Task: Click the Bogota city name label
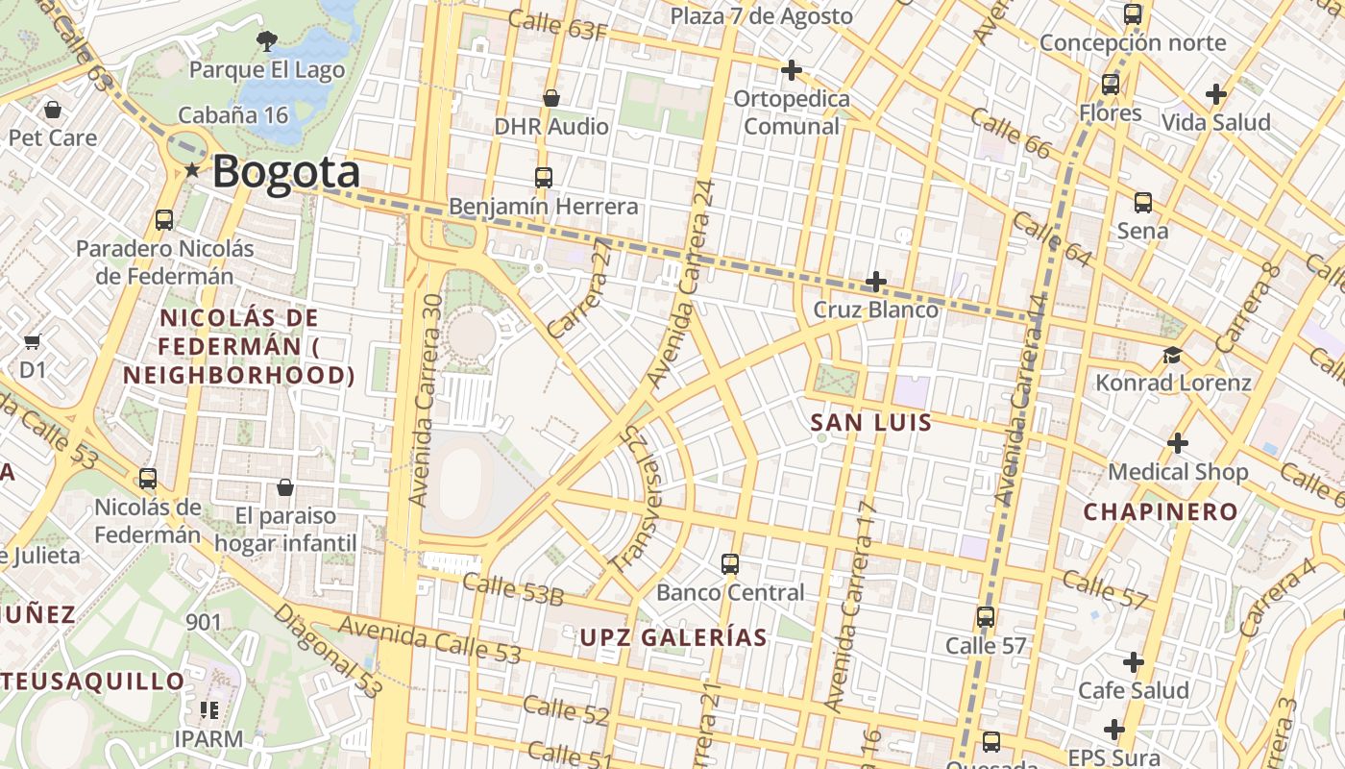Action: point(286,172)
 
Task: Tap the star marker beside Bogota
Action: point(192,170)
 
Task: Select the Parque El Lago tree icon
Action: point(266,40)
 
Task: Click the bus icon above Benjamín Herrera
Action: point(544,177)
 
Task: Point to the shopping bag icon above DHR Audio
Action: point(551,98)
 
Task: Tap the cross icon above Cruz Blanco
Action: point(875,282)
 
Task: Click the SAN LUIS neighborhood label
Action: point(870,422)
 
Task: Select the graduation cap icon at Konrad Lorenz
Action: point(1172,355)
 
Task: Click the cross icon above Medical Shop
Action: point(1177,443)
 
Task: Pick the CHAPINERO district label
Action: point(1161,511)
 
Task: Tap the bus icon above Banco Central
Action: point(730,563)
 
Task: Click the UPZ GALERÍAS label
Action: point(673,637)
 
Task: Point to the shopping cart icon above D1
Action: point(33,341)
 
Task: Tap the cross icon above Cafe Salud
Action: point(1134,662)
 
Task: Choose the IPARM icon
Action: point(208,710)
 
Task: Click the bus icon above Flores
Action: point(1111,85)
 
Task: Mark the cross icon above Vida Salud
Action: point(1215,94)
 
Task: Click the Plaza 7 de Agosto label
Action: point(761,16)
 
